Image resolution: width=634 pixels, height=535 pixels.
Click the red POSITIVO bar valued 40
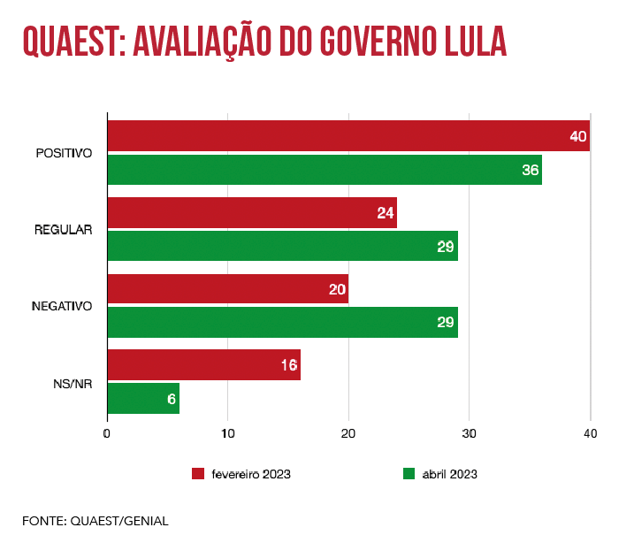[x=348, y=137]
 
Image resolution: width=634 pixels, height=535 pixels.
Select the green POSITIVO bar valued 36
[x=324, y=170]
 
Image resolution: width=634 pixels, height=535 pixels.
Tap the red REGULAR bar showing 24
[x=251, y=212]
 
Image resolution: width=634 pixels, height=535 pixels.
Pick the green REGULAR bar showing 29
[x=282, y=246]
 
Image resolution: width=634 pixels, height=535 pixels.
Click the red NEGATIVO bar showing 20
[x=227, y=289]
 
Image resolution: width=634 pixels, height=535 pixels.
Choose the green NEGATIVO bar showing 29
[x=282, y=322]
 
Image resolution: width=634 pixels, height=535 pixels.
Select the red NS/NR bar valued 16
[x=203, y=365]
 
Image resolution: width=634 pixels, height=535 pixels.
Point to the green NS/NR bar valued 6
[x=143, y=398]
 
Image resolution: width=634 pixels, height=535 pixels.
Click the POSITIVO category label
[x=64, y=154]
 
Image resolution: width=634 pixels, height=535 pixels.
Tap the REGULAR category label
[x=64, y=230]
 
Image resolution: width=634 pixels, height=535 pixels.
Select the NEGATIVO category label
[x=62, y=306]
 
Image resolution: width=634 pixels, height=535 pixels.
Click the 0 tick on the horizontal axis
[x=107, y=433]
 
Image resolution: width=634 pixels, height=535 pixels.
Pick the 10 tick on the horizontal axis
[x=227, y=433]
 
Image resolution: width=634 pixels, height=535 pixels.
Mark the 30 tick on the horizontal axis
[x=469, y=433]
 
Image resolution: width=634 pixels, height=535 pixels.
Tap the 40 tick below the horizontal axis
[x=590, y=433]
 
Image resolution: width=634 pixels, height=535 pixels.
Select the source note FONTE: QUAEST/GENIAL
[x=95, y=521]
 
